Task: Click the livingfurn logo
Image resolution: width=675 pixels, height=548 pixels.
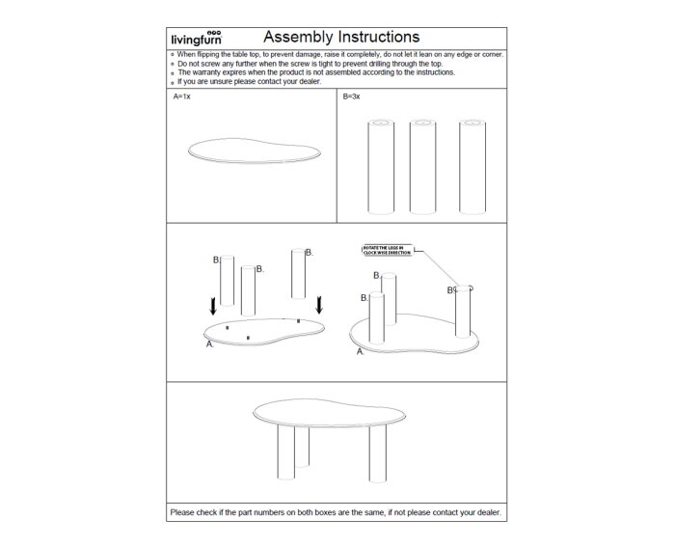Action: [x=197, y=39]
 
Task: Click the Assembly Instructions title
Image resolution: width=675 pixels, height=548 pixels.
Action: [x=327, y=38]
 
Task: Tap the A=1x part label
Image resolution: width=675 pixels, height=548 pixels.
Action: [x=182, y=97]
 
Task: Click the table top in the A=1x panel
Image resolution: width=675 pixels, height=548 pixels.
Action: [x=252, y=154]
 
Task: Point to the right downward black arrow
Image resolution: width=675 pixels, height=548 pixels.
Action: [x=319, y=304]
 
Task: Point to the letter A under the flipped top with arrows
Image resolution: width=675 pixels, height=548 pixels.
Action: [x=209, y=343]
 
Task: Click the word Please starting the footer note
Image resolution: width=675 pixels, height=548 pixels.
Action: [x=182, y=512]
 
